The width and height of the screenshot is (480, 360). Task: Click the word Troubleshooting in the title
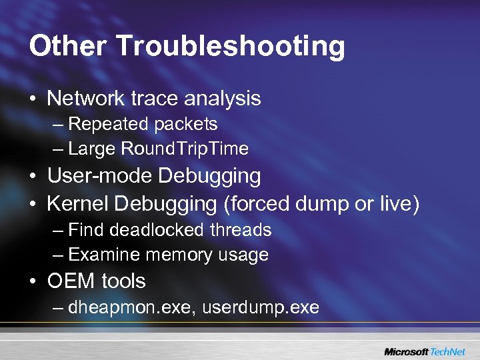click(x=231, y=47)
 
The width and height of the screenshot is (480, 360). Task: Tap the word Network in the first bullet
click(x=87, y=99)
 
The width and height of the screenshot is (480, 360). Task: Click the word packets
click(x=185, y=124)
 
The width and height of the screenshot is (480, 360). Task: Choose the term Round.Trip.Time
click(x=185, y=149)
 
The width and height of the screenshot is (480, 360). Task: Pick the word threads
click(x=241, y=230)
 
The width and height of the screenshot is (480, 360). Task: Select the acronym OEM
click(x=71, y=281)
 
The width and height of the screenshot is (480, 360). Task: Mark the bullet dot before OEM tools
click(x=33, y=281)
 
